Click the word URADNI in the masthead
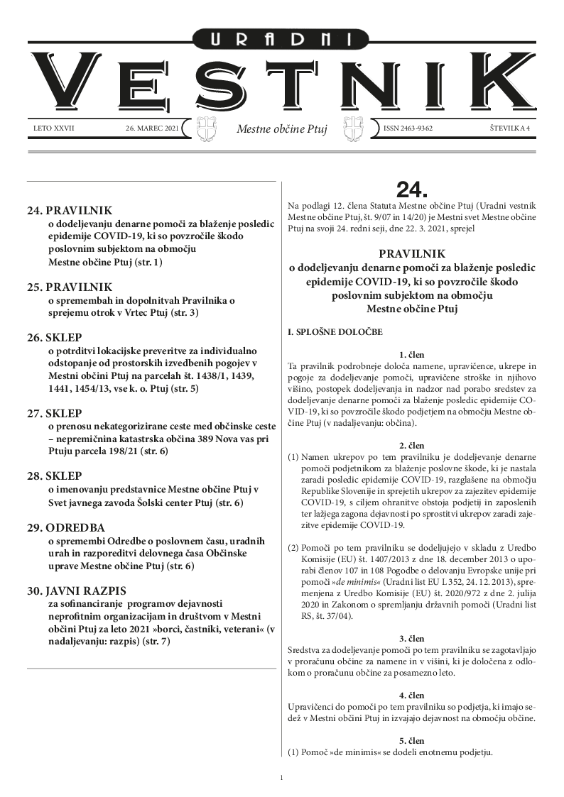[x=282, y=40]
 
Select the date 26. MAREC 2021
[x=151, y=128]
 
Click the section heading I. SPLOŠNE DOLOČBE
[x=334, y=331]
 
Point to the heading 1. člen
[x=412, y=353]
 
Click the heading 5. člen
[x=412, y=740]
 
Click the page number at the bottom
[x=282, y=777]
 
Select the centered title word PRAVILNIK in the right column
[x=412, y=253]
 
